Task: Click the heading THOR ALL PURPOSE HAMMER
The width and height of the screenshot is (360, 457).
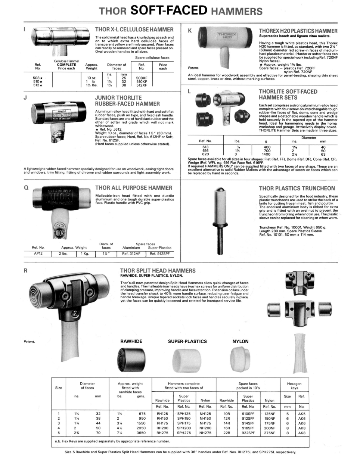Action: (134, 187)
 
